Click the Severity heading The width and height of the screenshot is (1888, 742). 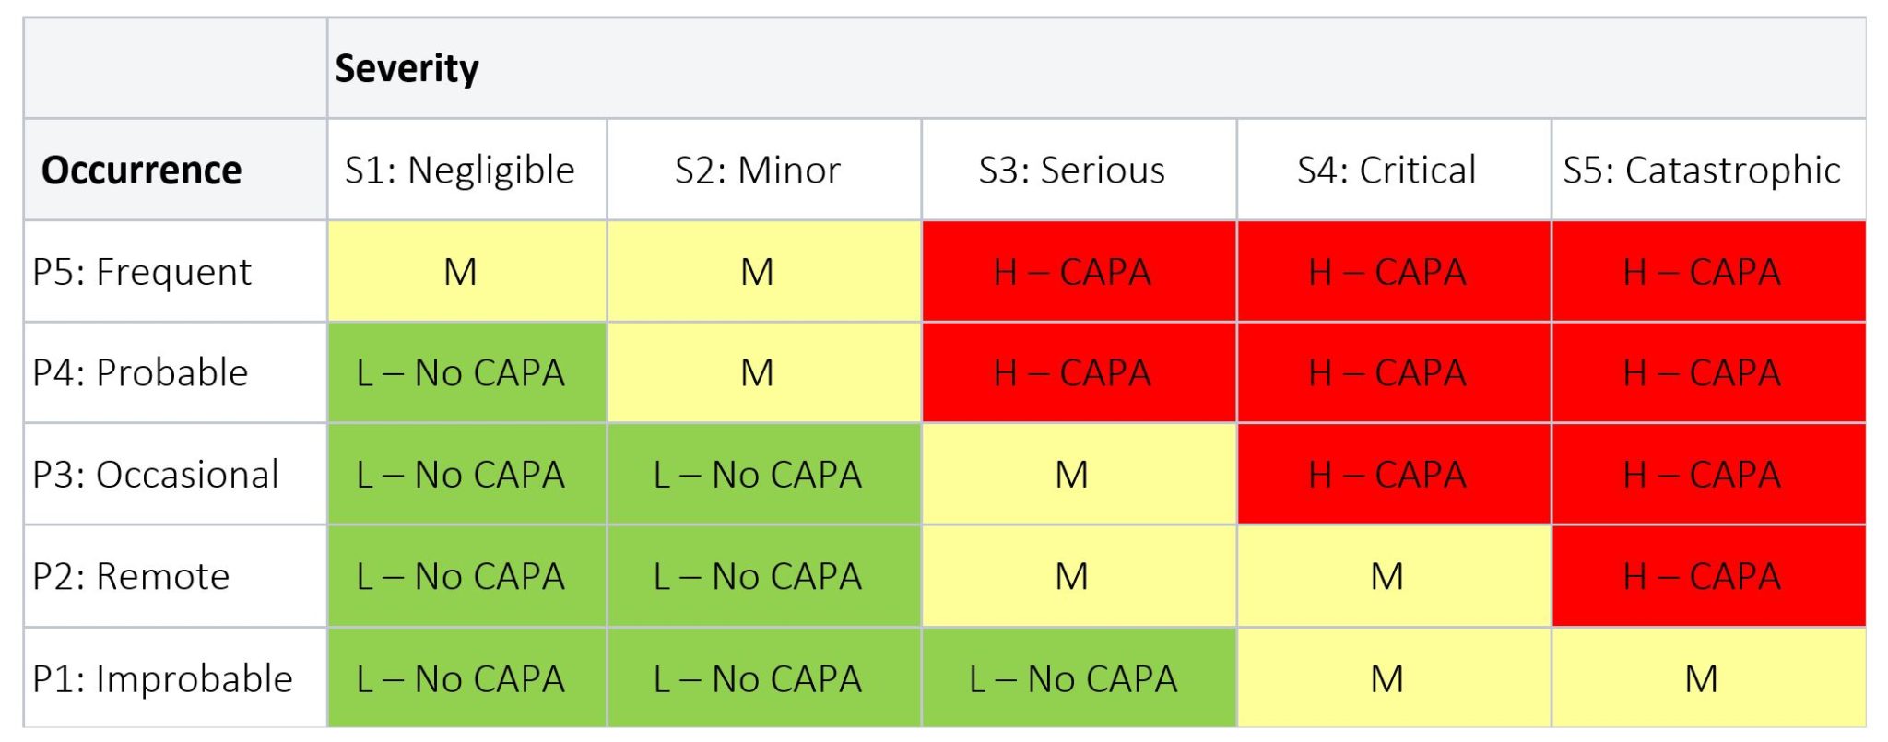pyautogui.click(x=407, y=69)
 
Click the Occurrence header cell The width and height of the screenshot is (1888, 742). pyautogui.click(x=141, y=171)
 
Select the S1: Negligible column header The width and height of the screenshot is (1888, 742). pyautogui.click(x=459, y=171)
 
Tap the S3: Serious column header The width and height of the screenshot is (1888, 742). pyautogui.click(x=1071, y=171)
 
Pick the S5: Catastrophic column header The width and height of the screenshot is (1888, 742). pyautogui.click(x=1701, y=171)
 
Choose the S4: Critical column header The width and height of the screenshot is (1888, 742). pyautogui.click(x=1386, y=171)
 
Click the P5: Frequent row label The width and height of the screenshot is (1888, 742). pyautogui.click(x=141, y=272)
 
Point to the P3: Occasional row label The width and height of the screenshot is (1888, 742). pyautogui.click(x=155, y=475)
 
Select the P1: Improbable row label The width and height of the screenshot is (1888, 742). pyautogui.click(x=162, y=679)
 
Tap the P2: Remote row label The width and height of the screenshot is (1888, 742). pyautogui.click(x=131, y=577)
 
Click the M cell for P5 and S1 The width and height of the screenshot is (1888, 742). pyautogui.click(x=460, y=272)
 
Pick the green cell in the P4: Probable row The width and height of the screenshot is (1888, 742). pyautogui.click(x=460, y=373)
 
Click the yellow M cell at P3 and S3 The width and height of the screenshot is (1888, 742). pyautogui.click(x=1071, y=475)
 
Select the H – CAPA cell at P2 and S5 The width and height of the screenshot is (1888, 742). pyautogui.click(x=1701, y=577)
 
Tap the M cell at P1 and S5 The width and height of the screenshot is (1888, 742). pyautogui.click(x=1701, y=679)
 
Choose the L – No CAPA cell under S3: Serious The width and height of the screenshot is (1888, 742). pyautogui.click(x=1072, y=679)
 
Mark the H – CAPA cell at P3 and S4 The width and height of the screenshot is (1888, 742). pyautogui.click(x=1386, y=475)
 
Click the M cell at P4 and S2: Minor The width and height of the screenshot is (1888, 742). pyautogui.click(x=757, y=373)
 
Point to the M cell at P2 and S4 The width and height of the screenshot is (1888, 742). pyautogui.click(x=1386, y=577)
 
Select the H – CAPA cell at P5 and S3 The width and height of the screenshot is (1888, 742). pyautogui.click(x=1071, y=272)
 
